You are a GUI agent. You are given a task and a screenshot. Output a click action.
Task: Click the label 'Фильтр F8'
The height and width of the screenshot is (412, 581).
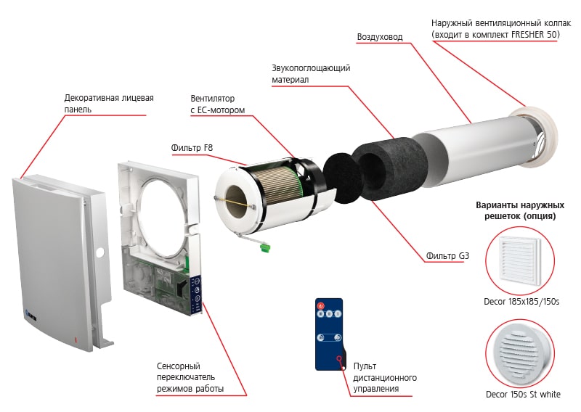coord(192,148)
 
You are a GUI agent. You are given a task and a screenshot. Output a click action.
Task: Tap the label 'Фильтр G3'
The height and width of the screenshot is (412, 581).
coord(447,256)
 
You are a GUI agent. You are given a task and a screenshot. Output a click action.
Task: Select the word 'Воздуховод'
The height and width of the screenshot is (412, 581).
coord(380,37)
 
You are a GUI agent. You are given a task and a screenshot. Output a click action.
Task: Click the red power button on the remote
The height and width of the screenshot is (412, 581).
coord(320,306)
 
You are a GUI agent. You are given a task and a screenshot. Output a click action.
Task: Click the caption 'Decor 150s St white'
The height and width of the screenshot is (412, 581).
coord(523,395)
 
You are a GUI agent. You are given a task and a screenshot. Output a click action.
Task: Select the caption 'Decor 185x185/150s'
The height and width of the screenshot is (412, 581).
coord(521,302)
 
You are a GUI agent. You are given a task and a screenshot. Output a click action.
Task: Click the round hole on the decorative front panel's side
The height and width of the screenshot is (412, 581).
coord(99,254)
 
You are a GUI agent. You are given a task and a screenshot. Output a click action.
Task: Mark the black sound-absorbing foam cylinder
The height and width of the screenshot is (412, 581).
coord(389,168)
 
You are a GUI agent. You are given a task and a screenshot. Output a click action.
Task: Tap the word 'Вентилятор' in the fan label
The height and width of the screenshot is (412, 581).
coord(212,99)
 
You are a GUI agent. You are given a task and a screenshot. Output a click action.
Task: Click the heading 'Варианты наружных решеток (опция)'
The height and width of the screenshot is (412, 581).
coord(520,210)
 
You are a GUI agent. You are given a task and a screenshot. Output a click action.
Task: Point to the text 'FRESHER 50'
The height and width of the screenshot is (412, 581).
coord(535,34)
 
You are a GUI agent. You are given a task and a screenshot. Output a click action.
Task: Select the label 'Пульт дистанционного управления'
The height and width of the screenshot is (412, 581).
coord(385,377)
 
